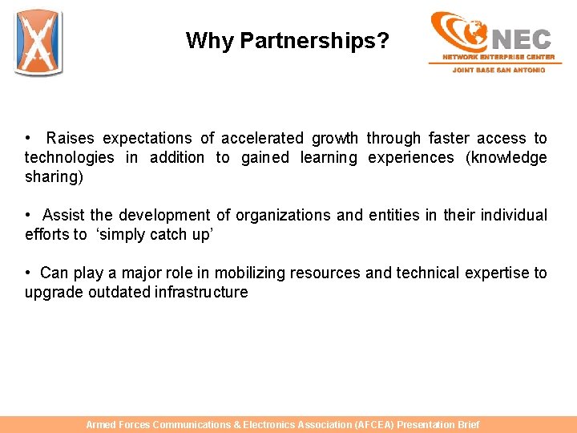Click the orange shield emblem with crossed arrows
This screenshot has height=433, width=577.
click(x=38, y=43)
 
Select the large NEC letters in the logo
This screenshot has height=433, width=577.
click(x=522, y=38)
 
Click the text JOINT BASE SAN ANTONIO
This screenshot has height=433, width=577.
click(x=498, y=70)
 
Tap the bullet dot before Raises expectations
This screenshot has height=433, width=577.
click(x=28, y=138)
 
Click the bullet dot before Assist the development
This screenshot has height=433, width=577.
click(x=28, y=215)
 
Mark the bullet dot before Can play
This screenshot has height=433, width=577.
click(x=28, y=273)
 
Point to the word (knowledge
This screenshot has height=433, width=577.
click(x=506, y=157)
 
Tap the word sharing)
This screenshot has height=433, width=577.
click(x=54, y=176)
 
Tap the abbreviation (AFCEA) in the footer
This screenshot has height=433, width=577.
click(x=374, y=425)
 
